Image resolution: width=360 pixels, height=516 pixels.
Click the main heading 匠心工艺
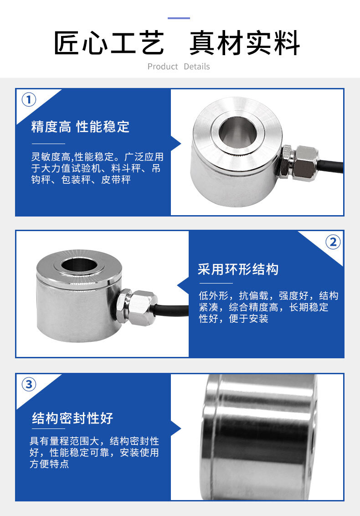pos(109,43)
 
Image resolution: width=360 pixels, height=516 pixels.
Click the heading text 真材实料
pos(245,43)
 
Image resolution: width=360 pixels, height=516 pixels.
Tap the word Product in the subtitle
pos(163,67)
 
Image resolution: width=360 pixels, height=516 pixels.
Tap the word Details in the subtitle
pos(197,67)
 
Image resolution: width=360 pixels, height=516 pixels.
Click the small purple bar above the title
pos(179,18)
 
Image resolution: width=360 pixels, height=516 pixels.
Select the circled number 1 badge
pos(29,99)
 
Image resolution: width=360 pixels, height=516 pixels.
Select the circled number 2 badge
pos(333,242)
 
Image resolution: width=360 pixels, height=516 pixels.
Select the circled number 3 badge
pos(29,384)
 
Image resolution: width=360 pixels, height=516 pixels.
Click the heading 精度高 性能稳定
pos(80,127)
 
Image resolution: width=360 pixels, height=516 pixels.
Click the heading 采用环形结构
pos(238,269)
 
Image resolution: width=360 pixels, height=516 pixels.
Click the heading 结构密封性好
pos(72,418)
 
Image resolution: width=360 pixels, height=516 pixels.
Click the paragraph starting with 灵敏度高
pos(96,169)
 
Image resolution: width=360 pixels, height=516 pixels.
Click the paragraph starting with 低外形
pos(268,307)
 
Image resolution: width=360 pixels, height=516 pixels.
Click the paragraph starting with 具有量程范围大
pos(94,453)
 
